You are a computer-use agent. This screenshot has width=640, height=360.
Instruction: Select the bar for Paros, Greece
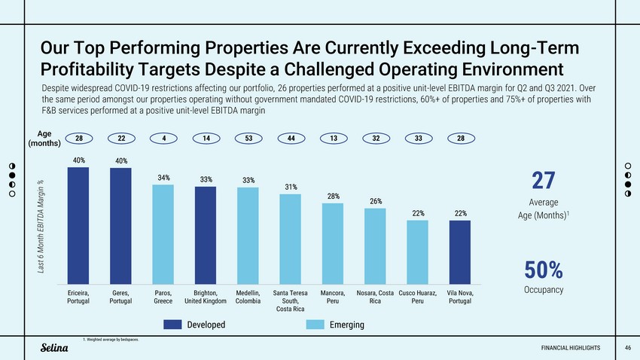point(163,233)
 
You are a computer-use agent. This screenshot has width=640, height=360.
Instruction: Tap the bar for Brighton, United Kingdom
point(206,234)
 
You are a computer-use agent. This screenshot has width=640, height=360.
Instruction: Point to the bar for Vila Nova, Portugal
point(459,252)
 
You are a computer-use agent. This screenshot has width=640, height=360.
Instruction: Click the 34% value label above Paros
point(163,178)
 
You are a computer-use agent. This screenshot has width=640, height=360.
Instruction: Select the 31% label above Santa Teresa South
point(291,187)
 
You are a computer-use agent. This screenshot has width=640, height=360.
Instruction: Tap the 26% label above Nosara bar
point(375,201)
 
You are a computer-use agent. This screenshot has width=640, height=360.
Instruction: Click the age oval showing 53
point(248,139)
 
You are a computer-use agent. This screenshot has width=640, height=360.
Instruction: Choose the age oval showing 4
point(163,139)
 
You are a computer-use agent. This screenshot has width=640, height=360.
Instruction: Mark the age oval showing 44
point(291,139)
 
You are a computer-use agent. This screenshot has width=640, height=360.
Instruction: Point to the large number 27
point(543,182)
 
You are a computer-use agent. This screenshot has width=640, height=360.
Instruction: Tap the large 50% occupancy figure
point(543,270)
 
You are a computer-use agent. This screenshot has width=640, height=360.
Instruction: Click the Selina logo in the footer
point(54,347)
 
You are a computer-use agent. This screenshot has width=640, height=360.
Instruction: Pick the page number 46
point(628,347)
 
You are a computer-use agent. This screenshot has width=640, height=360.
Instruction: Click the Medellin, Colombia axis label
point(248,297)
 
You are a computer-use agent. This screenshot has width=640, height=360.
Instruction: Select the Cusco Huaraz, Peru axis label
point(417,297)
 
